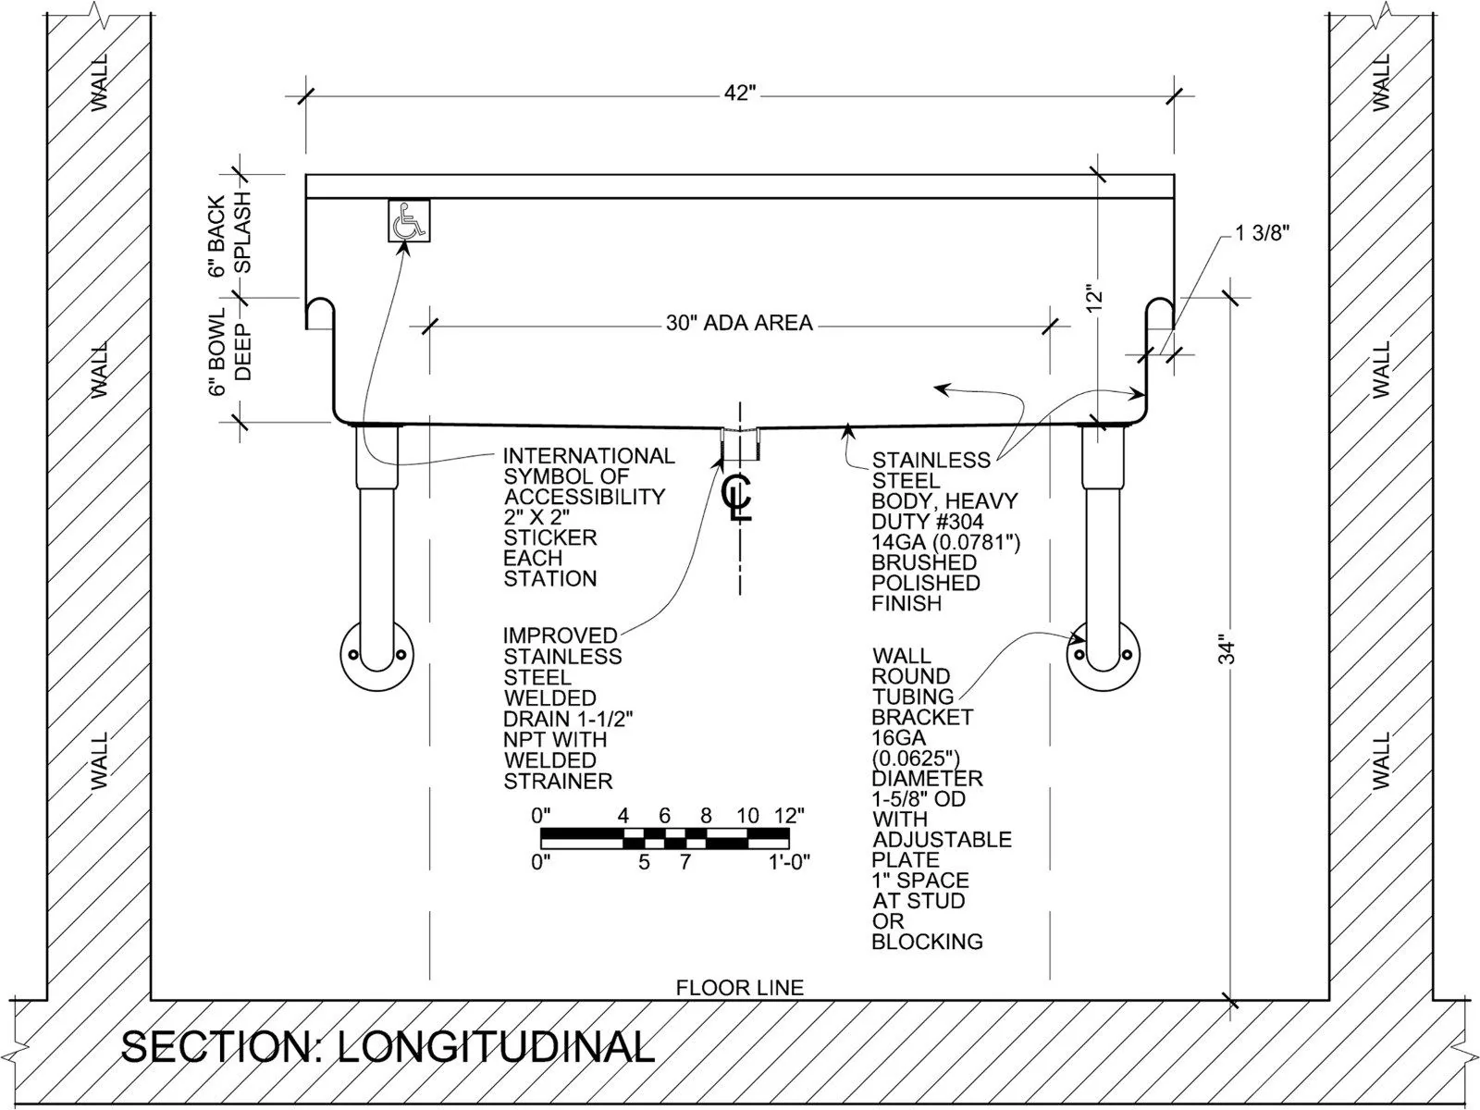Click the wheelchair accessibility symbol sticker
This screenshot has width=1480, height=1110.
(408, 221)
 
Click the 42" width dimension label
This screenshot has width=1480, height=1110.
(740, 93)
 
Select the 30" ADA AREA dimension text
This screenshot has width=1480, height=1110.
(739, 323)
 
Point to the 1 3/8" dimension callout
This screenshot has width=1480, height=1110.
(1262, 234)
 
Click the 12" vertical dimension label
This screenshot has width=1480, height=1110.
(1094, 300)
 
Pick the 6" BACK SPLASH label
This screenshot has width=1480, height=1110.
(229, 236)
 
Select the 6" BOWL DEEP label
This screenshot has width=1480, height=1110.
(229, 352)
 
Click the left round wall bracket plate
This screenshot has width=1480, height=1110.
(376, 654)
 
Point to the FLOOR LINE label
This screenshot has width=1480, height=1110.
(739, 988)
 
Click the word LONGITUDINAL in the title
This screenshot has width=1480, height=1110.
(495, 1047)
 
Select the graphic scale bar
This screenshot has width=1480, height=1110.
(664, 838)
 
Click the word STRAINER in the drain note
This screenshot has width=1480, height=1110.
(558, 782)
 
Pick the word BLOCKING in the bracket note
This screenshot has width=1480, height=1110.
(927, 942)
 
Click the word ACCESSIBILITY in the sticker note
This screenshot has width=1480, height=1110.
(584, 497)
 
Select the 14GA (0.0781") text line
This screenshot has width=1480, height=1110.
(945, 542)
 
